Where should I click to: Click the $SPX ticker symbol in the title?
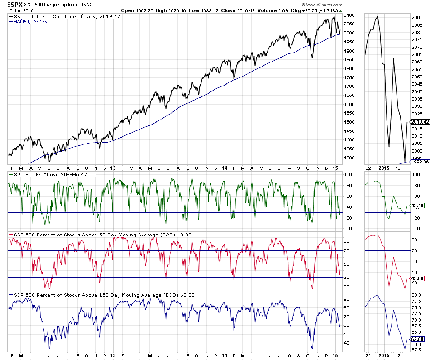point(16,4)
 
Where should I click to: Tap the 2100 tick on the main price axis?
point(349,15)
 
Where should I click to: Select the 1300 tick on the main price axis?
point(349,158)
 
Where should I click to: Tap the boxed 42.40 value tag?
point(416,206)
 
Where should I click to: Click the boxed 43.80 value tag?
point(416,278)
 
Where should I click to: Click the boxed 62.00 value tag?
point(416,339)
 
